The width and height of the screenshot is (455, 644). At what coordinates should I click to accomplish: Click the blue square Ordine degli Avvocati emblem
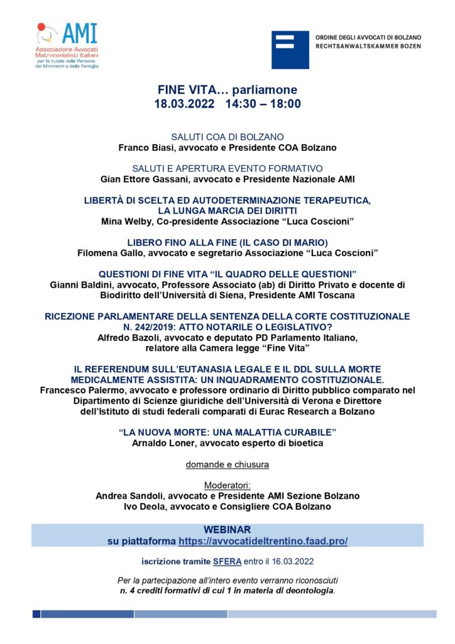pos(290,50)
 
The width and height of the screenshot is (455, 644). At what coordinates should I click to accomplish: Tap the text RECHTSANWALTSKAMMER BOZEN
pos(368,47)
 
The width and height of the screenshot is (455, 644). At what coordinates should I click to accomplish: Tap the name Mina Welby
pos(126,221)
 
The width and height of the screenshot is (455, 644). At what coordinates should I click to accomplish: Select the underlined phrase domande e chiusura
pos(227,465)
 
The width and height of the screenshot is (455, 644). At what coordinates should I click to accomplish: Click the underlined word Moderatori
pos(227,486)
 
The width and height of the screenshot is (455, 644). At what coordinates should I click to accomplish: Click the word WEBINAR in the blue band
pos(227,530)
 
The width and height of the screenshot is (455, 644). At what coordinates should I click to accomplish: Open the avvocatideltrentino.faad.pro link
pos(263,541)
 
